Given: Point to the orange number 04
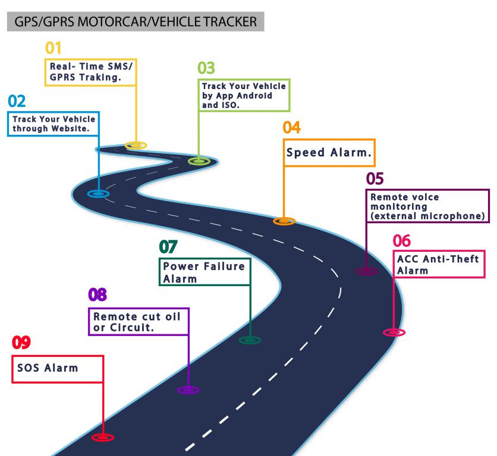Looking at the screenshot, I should pyautogui.click(x=292, y=127).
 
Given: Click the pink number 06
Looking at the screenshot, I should pyautogui.click(x=402, y=240).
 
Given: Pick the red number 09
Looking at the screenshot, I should pyautogui.click(x=21, y=343).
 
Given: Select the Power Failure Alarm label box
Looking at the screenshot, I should pyautogui.click(x=204, y=273).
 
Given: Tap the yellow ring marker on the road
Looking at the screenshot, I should pyautogui.click(x=136, y=145).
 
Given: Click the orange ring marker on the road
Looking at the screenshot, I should pyautogui.click(x=284, y=221).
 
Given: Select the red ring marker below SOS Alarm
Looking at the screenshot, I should pyautogui.click(x=102, y=437).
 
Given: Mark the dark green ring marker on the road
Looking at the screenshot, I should pyautogui.click(x=250, y=340).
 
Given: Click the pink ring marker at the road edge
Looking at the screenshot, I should pyautogui.click(x=394, y=332).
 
